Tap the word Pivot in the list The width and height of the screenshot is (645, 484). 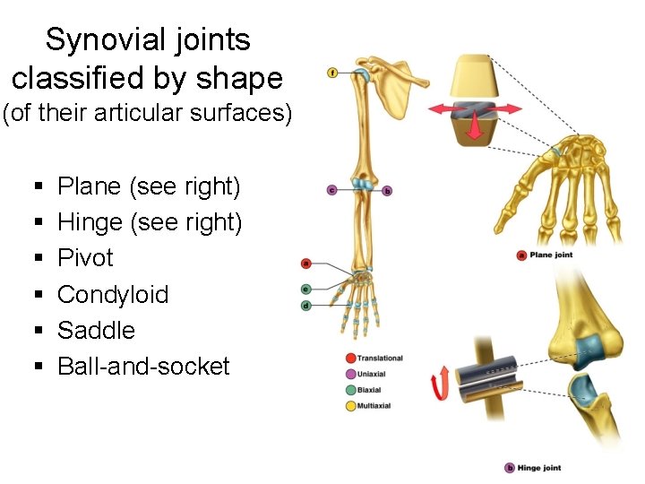(85, 258)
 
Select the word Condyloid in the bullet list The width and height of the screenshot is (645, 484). (113, 294)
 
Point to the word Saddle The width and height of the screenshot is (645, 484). (96, 330)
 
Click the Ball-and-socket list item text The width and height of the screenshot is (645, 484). (143, 366)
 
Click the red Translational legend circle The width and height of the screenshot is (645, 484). (350, 359)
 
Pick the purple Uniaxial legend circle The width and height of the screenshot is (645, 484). (350, 374)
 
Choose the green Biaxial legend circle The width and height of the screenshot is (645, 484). (350, 390)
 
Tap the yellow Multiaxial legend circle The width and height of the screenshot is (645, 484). (350, 406)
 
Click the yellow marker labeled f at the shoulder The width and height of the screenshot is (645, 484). (332, 72)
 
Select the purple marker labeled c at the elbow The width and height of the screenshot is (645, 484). (331, 190)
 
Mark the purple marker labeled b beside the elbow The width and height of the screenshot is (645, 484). (387, 191)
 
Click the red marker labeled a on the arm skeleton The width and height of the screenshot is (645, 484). (306, 264)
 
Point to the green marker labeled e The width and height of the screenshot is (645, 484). (306, 289)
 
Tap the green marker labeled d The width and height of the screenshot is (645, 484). (306, 305)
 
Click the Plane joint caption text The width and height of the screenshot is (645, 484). (550, 255)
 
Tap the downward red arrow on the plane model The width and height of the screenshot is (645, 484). (475, 129)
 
